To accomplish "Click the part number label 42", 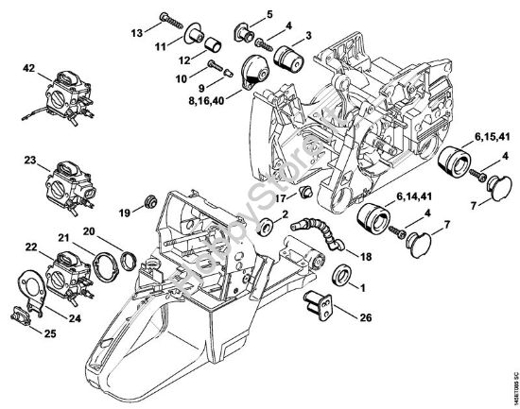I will [30, 67].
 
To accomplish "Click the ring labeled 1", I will [344, 278].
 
